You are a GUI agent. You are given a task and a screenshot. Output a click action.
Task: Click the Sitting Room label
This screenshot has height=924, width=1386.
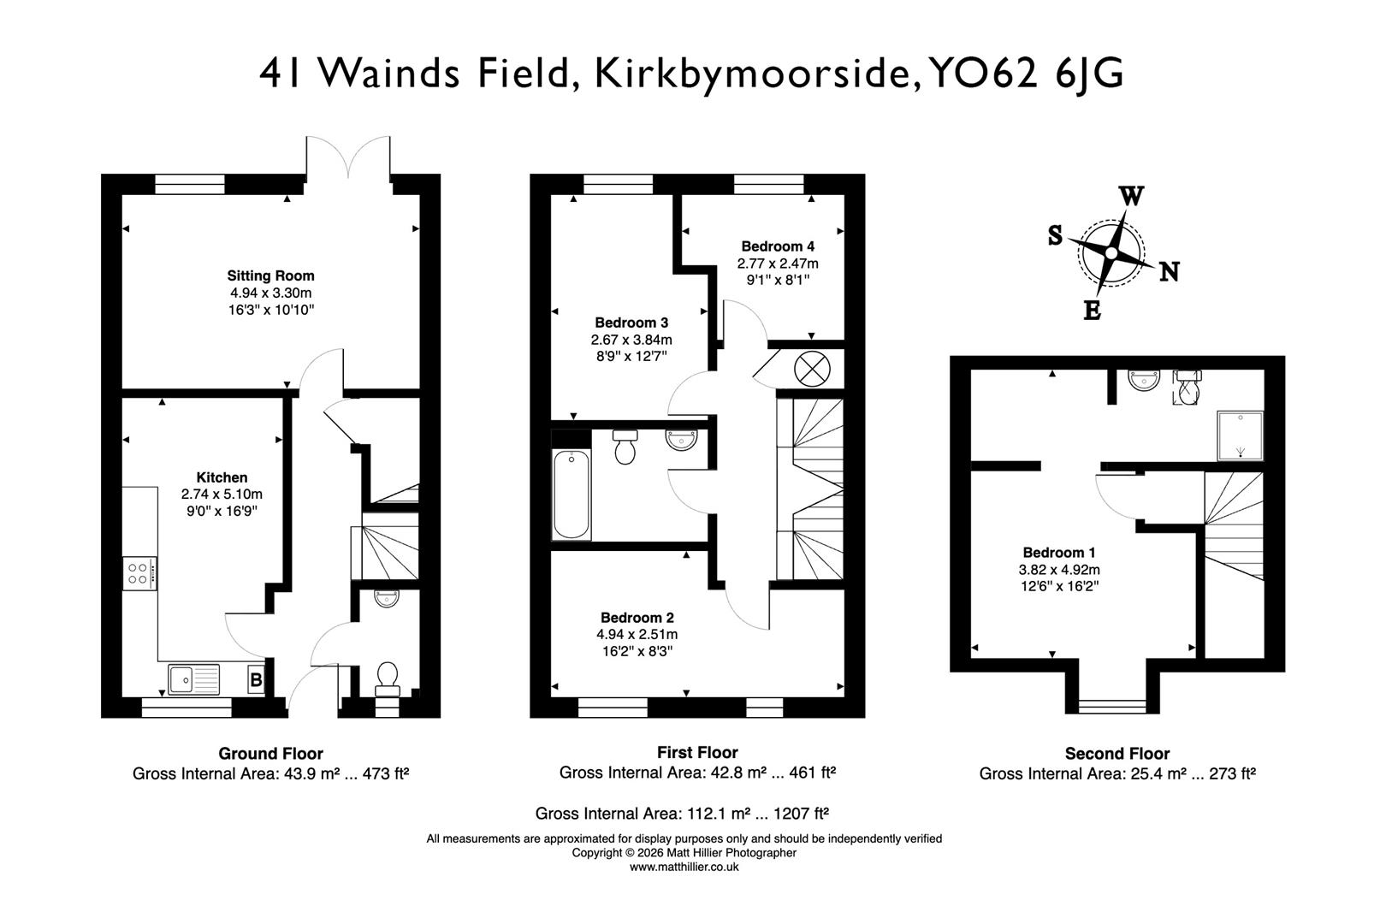(x=270, y=275)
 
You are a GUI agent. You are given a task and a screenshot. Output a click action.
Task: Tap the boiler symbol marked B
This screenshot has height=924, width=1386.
(x=255, y=681)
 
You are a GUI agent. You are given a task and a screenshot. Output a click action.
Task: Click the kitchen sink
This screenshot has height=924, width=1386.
(x=194, y=680)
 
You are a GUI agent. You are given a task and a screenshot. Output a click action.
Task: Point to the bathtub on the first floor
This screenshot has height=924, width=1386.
(x=572, y=495)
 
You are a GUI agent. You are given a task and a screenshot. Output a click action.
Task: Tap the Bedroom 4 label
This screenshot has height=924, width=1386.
(x=778, y=246)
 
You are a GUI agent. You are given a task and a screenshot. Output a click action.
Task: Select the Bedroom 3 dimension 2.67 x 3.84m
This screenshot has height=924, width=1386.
(x=631, y=340)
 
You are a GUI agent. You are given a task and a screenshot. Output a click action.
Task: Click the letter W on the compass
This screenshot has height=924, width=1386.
(x=1131, y=197)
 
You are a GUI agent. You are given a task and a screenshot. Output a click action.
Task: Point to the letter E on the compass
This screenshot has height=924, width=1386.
(x=1093, y=311)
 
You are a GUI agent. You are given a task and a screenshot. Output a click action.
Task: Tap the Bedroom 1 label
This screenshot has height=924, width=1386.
(x=1058, y=553)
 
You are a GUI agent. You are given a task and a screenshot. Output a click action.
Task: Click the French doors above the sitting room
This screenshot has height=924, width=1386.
(x=348, y=157)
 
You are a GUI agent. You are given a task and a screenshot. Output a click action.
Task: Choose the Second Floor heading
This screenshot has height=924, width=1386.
(x=1116, y=754)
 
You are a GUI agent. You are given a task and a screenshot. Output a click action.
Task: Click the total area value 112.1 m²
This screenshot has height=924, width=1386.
(x=709, y=814)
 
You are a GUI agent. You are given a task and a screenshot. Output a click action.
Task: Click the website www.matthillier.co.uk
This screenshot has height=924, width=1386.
(x=684, y=867)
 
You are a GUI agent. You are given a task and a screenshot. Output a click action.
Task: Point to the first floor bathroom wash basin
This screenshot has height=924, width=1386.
(x=682, y=440)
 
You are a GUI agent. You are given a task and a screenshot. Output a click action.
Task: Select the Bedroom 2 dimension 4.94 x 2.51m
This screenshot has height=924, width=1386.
(x=637, y=635)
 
